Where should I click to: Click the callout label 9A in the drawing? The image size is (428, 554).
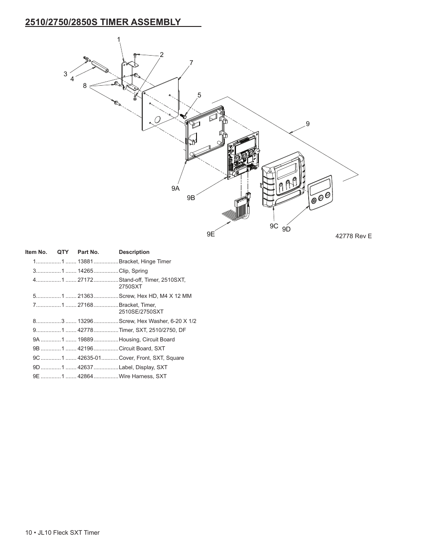pos(175,188)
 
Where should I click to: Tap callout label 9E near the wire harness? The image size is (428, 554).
pos(211,234)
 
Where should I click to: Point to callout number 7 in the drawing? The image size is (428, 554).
pos(191,63)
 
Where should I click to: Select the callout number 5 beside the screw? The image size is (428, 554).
pos(199,95)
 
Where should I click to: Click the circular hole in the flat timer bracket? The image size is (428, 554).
pos(157,120)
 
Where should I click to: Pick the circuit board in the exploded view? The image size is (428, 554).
pos(243,157)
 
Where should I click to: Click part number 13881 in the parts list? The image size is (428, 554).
pos(85,262)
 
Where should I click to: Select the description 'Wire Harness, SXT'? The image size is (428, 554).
pos(143,376)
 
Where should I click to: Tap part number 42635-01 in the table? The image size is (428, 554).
pos(89,358)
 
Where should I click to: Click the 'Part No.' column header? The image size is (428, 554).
pos(88,252)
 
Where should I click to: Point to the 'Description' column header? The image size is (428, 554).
pos(134,252)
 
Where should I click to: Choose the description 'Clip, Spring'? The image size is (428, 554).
pos(133,271)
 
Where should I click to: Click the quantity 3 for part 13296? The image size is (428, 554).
pos(63,321)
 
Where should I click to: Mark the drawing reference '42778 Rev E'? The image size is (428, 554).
pos(354,236)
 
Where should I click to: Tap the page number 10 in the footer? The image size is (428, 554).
pos(29,532)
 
